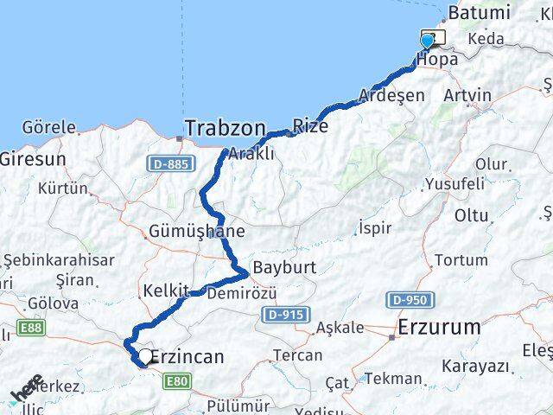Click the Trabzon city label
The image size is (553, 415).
coord(224,129)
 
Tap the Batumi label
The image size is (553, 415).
coord(479,14)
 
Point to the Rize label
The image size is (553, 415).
coord(310,126)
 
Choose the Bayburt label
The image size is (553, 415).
coord(285,267)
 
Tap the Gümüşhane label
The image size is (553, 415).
coord(196,232)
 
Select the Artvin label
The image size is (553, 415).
coord(467,95)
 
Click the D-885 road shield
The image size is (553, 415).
coord(168,163)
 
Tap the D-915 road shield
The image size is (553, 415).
coord(284,315)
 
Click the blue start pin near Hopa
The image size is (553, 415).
coord(427,41)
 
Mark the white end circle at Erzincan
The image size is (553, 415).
coord(144,355)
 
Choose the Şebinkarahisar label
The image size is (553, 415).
coord(59,260)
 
